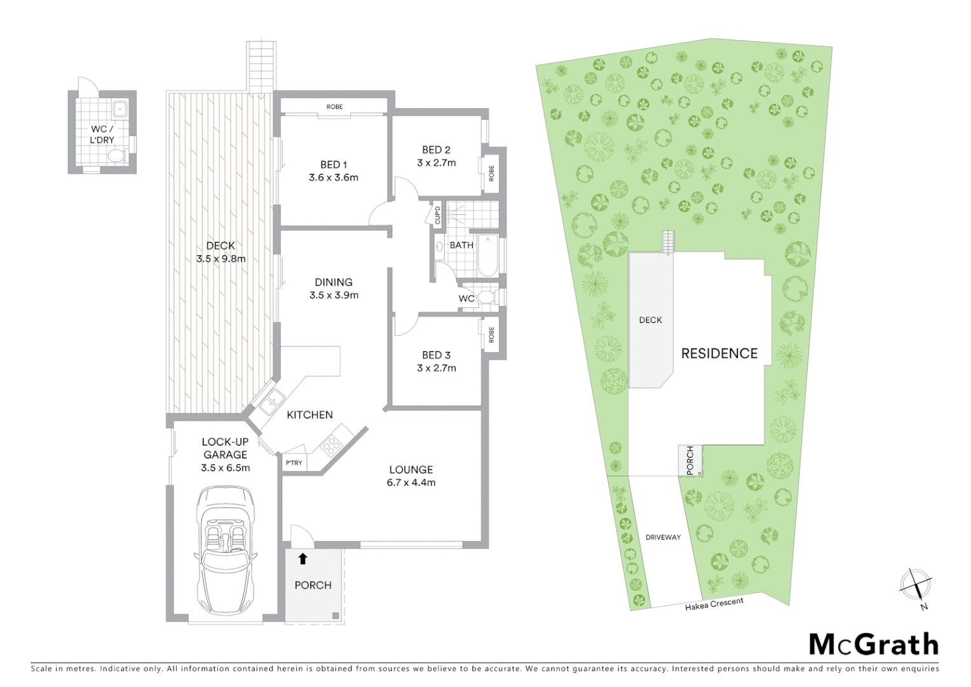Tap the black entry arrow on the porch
point(302,559)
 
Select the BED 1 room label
point(334,165)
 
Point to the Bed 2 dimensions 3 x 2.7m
point(436,163)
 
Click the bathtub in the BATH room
point(488,256)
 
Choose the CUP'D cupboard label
point(437,216)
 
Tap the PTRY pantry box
point(294,462)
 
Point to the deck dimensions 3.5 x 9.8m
point(221,259)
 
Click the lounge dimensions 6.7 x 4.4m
point(411,483)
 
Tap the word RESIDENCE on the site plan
point(719,354)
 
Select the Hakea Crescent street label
point(714,604)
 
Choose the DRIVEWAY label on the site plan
point(663,538)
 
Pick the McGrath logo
point(873,644)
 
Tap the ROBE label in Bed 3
point(491,335)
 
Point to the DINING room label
point(334,282)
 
